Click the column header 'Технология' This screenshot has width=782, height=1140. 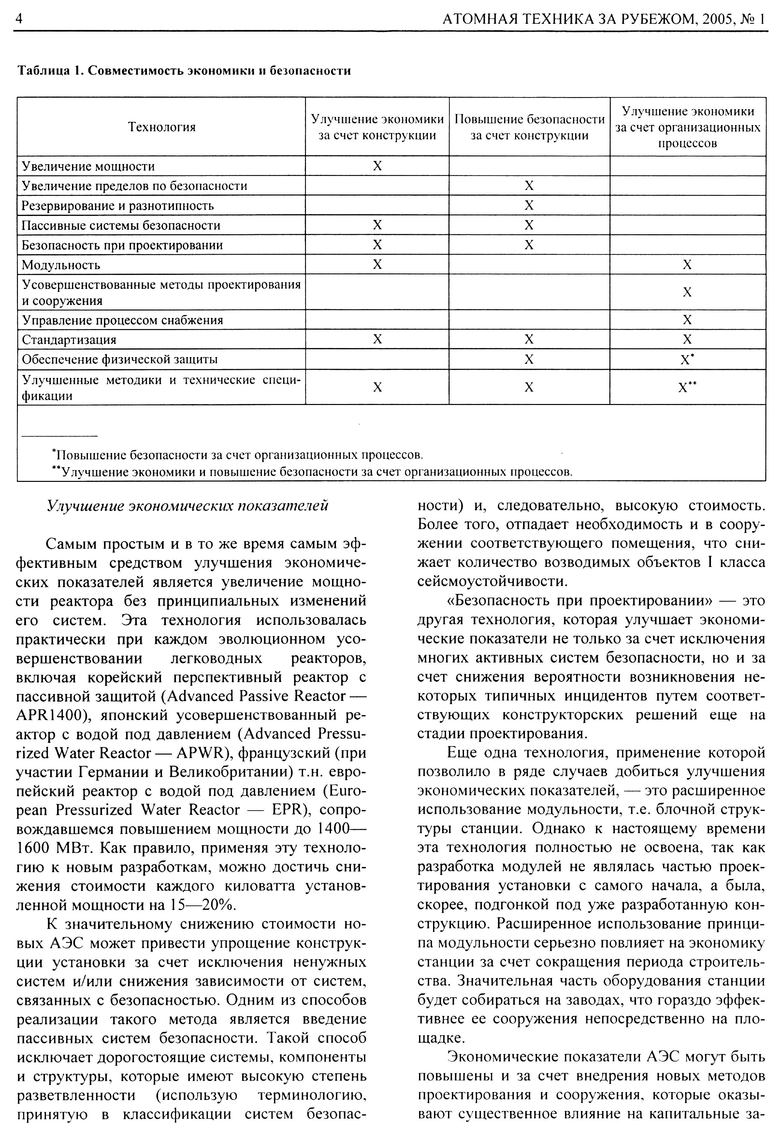click(x=162, y=127)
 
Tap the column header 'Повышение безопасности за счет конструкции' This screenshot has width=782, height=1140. click(x=529, y=127)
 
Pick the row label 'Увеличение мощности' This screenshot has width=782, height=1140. click(x=88, y=166)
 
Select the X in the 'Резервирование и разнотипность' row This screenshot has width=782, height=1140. click(x=529, y=206)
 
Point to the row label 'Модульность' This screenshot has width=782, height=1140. click(x=61, y=266)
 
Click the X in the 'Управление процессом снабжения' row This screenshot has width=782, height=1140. click(x=687, y=320)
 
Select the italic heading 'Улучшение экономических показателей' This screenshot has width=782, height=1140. click(x=187, y=506)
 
